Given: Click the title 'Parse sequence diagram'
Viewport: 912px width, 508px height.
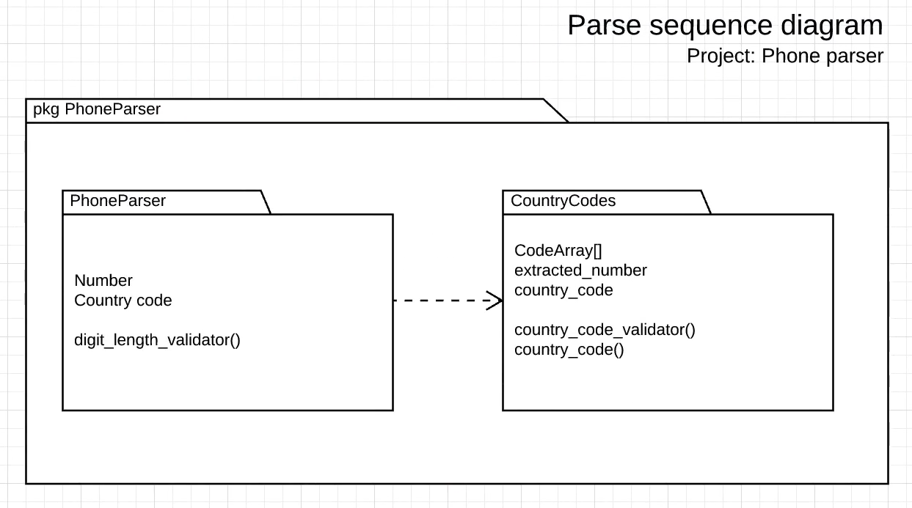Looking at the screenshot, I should point(725,26).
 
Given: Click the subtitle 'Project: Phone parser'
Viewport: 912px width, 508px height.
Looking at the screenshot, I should point(784,56).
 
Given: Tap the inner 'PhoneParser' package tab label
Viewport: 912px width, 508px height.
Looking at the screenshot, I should point(117,201).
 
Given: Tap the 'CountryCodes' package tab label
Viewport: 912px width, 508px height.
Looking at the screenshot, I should point(563,201).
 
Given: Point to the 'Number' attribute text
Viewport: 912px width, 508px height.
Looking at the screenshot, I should point(103,281).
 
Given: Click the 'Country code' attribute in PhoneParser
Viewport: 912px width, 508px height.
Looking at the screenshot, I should point(123,301).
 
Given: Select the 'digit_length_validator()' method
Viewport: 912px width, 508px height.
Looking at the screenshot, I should point(157,340).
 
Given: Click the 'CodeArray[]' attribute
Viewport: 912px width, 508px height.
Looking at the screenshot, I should point(558,251).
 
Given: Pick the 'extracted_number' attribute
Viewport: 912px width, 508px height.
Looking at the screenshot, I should point(580,270).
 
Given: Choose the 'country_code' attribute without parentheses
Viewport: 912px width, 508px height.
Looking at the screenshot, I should point(563,290).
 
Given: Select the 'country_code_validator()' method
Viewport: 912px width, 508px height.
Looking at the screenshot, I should point(605,330).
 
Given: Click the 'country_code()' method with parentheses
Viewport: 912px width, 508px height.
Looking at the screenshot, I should point(569,350).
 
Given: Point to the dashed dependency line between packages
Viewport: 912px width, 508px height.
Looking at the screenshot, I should point(440,301).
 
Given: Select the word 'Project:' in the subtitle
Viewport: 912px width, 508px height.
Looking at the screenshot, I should point(721,56).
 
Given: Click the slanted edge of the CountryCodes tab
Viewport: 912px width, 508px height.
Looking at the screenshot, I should point(706,202).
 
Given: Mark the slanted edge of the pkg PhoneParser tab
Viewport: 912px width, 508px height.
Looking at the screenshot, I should point(555,111).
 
